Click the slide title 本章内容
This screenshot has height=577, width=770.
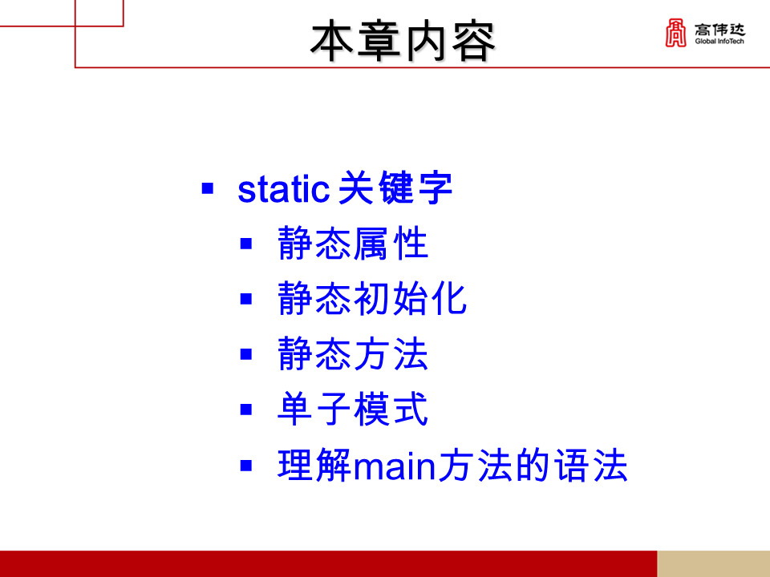coord(403,42)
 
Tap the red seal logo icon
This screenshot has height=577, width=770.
coord(675,32)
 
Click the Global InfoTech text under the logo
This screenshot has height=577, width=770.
coord(719,42)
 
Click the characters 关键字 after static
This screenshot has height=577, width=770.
coord(395,190)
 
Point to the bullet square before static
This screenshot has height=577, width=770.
coord(208,190)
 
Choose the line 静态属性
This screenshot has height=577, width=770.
coord(353,244)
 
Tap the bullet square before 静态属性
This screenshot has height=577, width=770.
coord(246,243)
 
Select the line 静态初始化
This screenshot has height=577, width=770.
coord(372,299)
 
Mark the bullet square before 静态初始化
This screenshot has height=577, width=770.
coord(246,299)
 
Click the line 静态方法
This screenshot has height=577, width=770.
coord(353,354)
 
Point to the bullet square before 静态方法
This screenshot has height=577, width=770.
coord(246,354)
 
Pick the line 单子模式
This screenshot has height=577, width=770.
coord(353,410)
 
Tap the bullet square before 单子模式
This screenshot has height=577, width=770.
coord(246,410)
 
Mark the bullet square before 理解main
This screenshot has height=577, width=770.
coord(246,465)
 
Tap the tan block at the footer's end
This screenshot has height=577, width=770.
coord(713,563)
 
